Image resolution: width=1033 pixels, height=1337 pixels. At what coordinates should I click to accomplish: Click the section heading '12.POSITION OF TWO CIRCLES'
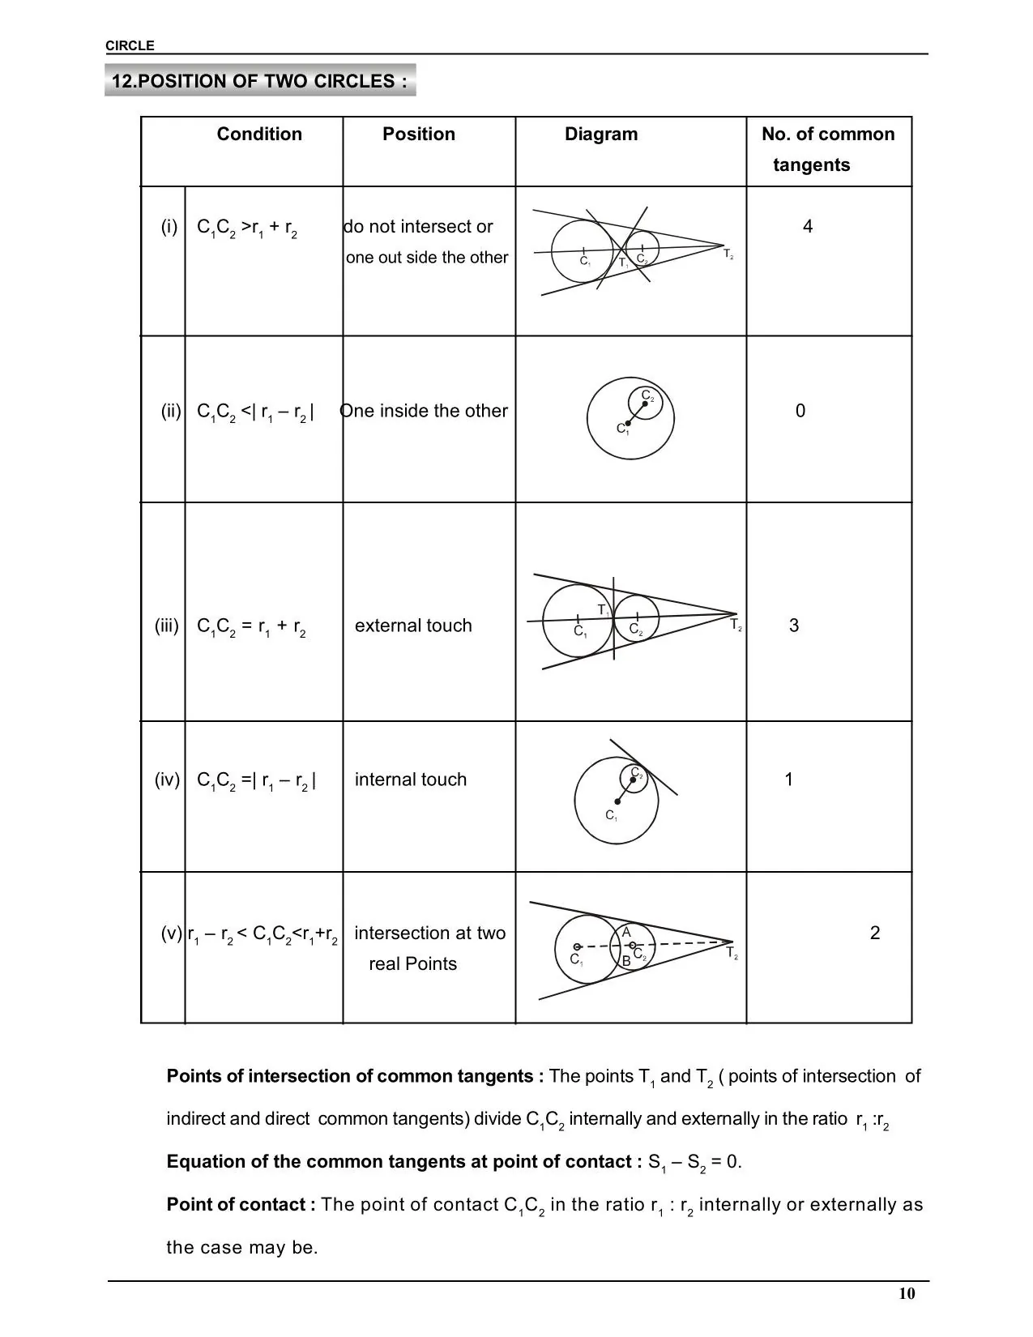click(x=259, y=81)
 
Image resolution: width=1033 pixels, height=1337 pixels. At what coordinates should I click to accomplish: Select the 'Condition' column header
click(x=259, y=135)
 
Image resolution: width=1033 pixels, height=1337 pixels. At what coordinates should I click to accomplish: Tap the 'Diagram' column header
click(x=601, y=135)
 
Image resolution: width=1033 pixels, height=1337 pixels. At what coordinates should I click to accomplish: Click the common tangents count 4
click(x=808, y=227)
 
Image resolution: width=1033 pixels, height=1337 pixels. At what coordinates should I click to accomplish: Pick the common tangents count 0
click(x=800, y=411)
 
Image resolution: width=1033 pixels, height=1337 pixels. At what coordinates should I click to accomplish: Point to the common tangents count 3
click(x=794, y=626)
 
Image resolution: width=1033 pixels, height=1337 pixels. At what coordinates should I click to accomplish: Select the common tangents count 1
click(x=788, y=780)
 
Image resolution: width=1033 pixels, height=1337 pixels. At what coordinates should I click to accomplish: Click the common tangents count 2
click(x=875, y=933)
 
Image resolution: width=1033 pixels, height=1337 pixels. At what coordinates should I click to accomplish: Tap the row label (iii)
click(x=167, y=626)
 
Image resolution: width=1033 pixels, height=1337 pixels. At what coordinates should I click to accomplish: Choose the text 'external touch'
click(x=413, y=626)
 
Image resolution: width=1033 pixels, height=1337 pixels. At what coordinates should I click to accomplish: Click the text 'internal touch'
click(x=411, y=780)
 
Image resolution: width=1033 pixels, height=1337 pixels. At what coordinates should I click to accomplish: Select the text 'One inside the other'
click(x=424, y=411)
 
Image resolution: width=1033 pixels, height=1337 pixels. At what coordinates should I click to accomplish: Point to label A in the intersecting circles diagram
click(x=626, y=933)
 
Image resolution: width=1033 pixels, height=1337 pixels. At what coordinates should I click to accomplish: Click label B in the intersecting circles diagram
click(x=626, y=961)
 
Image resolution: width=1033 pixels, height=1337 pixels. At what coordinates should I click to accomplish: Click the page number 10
click(x=907, y=1293)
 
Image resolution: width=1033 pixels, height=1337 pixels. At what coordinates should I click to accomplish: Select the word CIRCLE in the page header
click(x=130, y=46)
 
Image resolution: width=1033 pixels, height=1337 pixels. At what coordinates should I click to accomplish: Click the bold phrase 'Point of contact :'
click(x=241, y=1205)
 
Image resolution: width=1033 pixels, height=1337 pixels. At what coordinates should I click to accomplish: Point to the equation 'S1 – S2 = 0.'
click(x=695, y=1162)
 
